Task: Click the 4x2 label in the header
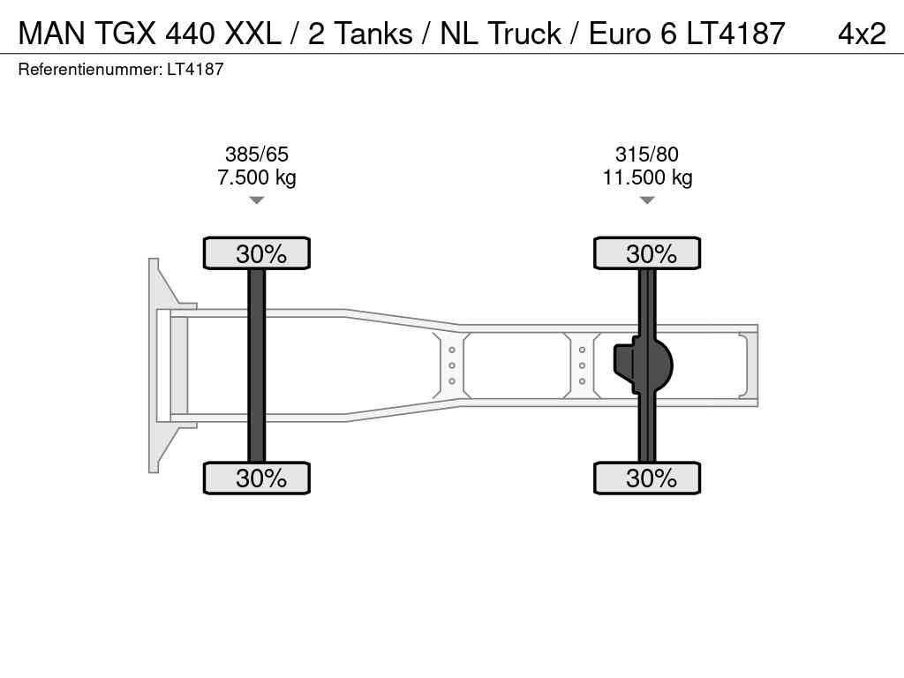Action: click(862, 34)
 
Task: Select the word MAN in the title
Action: click(51, 34)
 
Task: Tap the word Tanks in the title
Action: click(373, 34)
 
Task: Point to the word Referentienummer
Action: click(90, 69)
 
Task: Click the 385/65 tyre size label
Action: click(257, 154)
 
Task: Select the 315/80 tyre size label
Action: click(647, 154)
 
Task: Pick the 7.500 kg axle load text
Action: click(257, 177)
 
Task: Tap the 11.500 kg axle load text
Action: click(647, 177)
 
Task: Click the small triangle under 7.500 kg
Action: click(257, 200)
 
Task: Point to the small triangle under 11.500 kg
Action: click(647, 200)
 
